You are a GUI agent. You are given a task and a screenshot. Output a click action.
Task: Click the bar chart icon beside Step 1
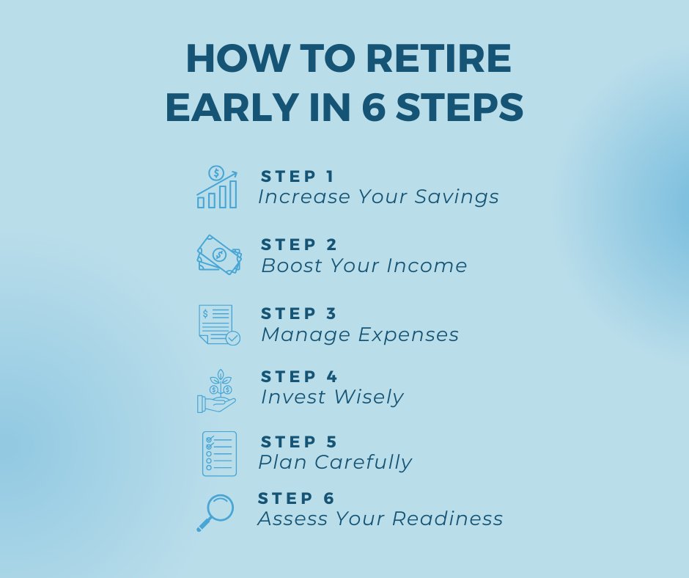point(217,187)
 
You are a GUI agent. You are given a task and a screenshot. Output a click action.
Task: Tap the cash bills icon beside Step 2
point(218,255)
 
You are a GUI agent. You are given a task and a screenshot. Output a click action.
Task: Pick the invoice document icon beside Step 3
point(218,324)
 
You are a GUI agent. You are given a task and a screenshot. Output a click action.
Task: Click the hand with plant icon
point(217,391)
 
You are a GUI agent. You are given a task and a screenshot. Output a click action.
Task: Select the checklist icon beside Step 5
point(219,453)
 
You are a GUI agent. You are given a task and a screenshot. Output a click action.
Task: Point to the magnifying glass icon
point(215,512)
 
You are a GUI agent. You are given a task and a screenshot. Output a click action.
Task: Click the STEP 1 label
point(298,177)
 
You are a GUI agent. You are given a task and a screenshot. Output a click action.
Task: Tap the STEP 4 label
point(299,377)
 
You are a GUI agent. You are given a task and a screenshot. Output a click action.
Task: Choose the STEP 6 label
point(296,499)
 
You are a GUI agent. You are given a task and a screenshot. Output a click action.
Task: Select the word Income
point(432,266)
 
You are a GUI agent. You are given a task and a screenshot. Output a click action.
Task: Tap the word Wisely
point(368,398)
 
